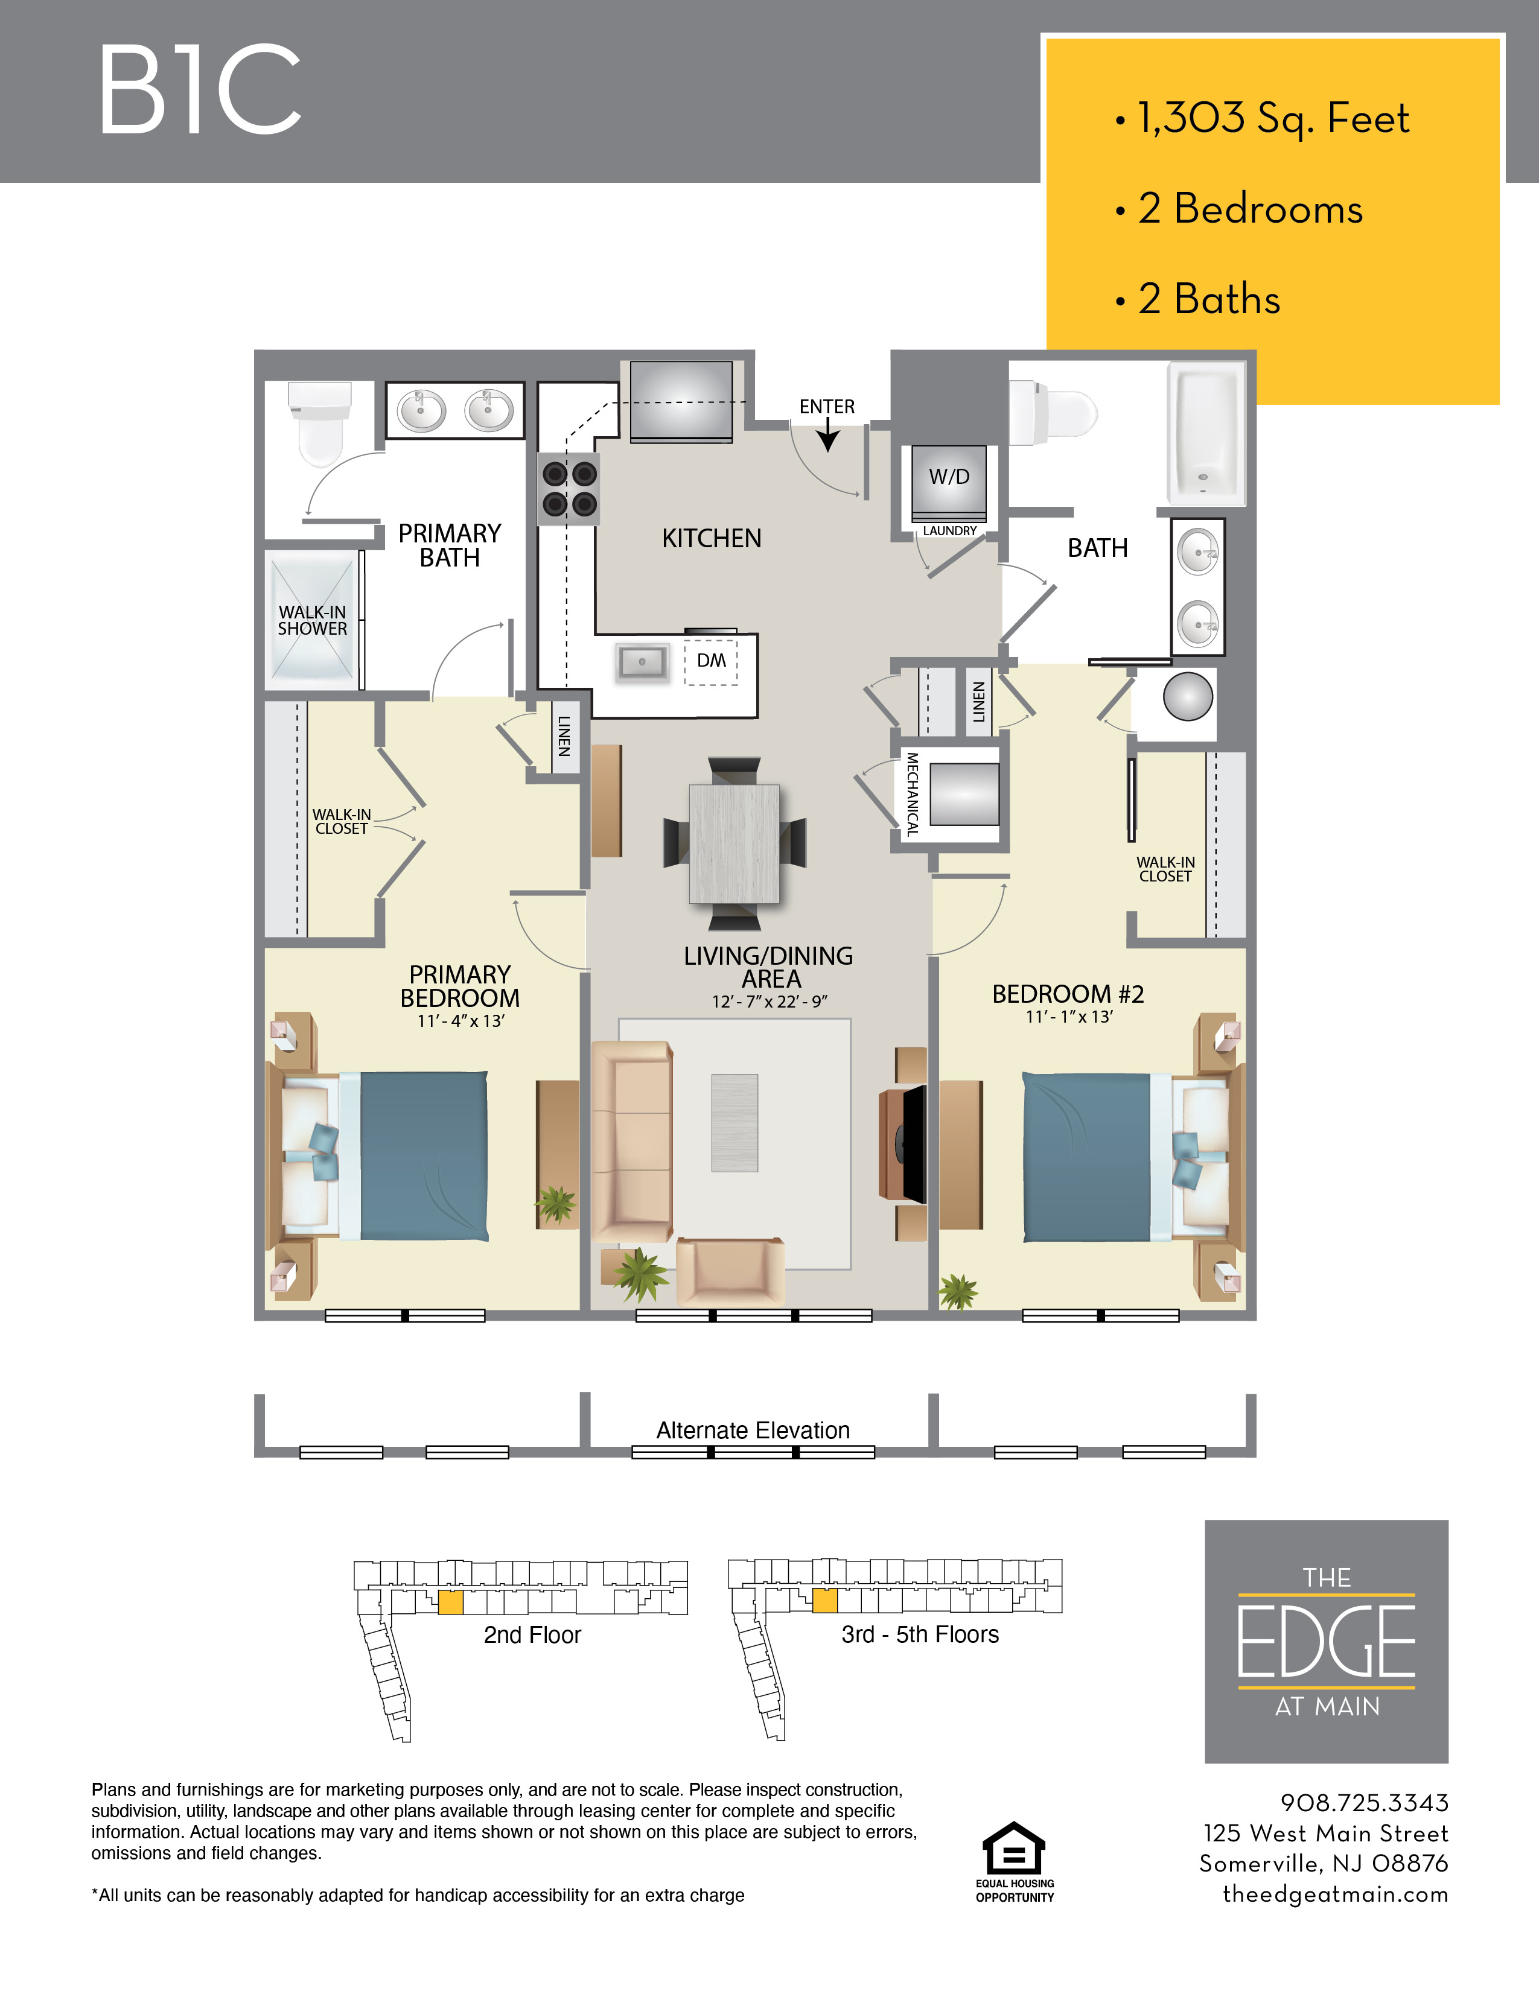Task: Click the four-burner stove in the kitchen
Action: pos(569,489)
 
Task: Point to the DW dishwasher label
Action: pos(711,660)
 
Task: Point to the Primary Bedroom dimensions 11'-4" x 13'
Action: pos(460,1021)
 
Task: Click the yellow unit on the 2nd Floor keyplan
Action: pos(450,1602)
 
